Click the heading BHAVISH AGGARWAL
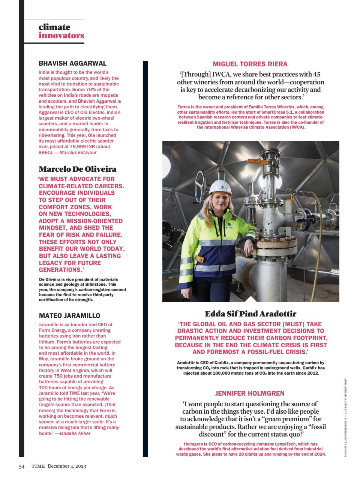(x=73, y=63)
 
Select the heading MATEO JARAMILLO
(x=70, y=316)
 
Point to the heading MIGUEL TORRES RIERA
(x=250, y=64)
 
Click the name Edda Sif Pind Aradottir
(x=250, y=313)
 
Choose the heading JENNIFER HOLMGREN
(x=250, y=393)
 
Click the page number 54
(x=22, y=466)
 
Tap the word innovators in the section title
(x=61, y=36)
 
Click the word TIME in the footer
(x=38, y=466)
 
